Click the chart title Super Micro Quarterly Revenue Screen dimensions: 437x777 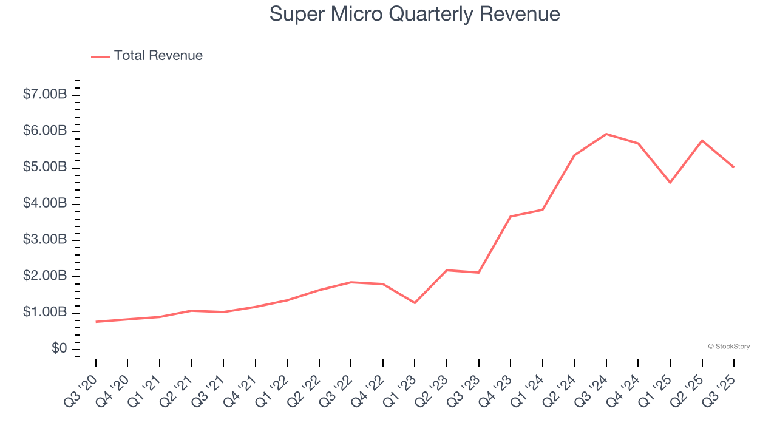415,14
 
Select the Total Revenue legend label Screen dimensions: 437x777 158,56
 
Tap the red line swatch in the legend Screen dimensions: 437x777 100,56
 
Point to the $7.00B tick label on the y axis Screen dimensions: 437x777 45,95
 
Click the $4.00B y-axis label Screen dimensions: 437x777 45,203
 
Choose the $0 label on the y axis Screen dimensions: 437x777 59,348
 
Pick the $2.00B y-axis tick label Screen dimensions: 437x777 45,276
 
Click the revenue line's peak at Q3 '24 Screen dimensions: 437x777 606,134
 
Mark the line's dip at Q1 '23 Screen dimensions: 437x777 415,303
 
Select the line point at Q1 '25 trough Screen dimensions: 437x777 670,183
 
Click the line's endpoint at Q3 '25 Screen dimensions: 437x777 734,167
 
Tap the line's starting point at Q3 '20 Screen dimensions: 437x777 96,322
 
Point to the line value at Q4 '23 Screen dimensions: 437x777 511,217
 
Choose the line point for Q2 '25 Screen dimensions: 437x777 702,141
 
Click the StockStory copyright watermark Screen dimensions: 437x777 728,347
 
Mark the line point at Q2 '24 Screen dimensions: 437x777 574,155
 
